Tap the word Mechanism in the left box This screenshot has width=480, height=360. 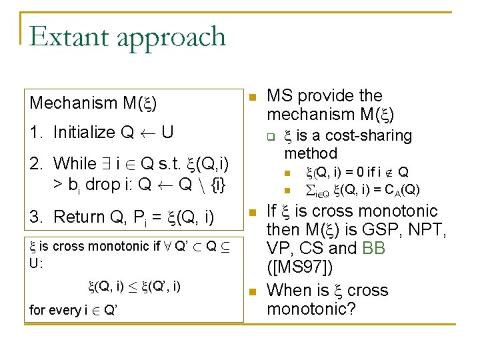73,103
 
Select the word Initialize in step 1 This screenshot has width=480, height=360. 84,132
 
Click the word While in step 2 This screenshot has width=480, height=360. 75,163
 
